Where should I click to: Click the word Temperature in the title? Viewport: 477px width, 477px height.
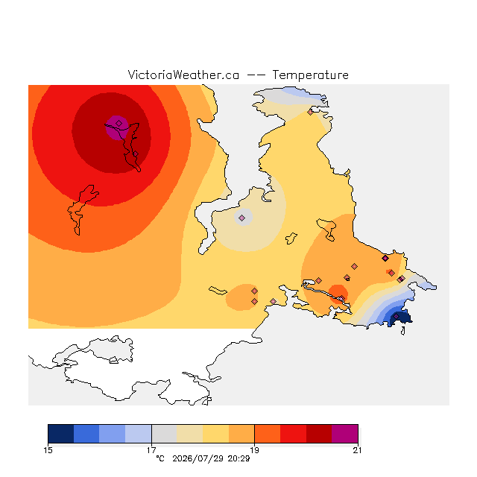pos(310,75)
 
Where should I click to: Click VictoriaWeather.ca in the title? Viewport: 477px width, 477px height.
pos(183,75)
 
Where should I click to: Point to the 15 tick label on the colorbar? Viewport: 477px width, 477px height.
pos(48,450)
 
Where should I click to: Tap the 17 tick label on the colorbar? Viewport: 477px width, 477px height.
pos(151,450)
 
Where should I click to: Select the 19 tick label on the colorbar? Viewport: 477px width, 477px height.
pos(254,450)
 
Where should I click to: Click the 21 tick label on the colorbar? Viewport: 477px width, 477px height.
pos(358,450)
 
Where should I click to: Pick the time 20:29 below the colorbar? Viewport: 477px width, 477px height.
pos(238,458)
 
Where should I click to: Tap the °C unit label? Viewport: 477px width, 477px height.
pos(160,458)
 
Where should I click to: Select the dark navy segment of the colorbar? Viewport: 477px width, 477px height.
pos(61,434)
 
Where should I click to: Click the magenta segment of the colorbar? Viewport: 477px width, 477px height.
pos(344,434)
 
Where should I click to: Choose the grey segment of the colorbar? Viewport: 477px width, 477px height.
pos(164,434)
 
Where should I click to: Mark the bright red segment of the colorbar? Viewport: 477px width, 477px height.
pos(293,434)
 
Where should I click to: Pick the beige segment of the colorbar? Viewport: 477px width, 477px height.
pos(189,434)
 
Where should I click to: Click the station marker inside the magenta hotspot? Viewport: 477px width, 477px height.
pos(119,123)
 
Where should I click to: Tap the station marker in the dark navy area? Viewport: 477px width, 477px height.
pos(396,316)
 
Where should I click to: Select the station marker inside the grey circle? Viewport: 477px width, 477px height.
pos(241,218)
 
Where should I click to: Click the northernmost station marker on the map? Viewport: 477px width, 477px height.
pos(310,113)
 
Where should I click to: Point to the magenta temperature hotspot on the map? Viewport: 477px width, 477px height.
pos(118,127)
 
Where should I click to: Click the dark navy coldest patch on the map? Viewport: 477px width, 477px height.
pos(399,318)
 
